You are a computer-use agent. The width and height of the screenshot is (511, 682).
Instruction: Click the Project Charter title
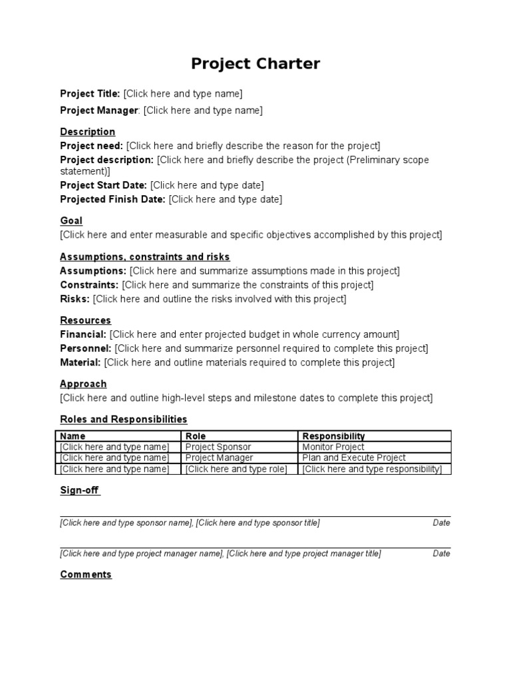[x=255, y=64]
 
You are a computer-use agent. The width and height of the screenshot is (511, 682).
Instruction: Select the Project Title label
[x=90, y=94]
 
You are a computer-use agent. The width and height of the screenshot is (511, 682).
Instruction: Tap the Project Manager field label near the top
[x=99, y=111]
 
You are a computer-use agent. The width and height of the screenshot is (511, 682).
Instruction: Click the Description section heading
[x=87, y=132]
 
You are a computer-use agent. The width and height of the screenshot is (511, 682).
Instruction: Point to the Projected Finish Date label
[x=112, y=199]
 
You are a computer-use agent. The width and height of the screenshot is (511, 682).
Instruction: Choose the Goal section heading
[x=71, y=221]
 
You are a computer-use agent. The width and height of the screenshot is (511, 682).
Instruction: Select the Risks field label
[x=75, y=299]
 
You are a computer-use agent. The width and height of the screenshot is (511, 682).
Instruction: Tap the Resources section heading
[x=85, y=320]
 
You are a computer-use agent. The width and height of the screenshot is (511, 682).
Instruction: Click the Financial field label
[x=83, y=334]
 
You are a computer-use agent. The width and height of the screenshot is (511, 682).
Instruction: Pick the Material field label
[x=81, y=362]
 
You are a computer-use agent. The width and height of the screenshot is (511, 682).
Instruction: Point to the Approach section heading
[x=83, y=384]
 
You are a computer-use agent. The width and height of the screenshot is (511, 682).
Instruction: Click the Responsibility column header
[x=333, y=436]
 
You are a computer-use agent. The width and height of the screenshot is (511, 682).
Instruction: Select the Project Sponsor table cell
[x=218, y=447]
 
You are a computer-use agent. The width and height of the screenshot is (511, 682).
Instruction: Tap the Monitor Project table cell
[x=333, y=447]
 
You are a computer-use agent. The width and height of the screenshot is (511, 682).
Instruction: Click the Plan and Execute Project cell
[x=353, y=458]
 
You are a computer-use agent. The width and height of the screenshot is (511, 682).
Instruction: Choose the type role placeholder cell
[x=236, y=469]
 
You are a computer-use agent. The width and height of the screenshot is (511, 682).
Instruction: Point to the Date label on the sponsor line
[x=441, y=523]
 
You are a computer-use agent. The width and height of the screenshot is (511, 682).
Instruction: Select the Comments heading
[x=86, y=575]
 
